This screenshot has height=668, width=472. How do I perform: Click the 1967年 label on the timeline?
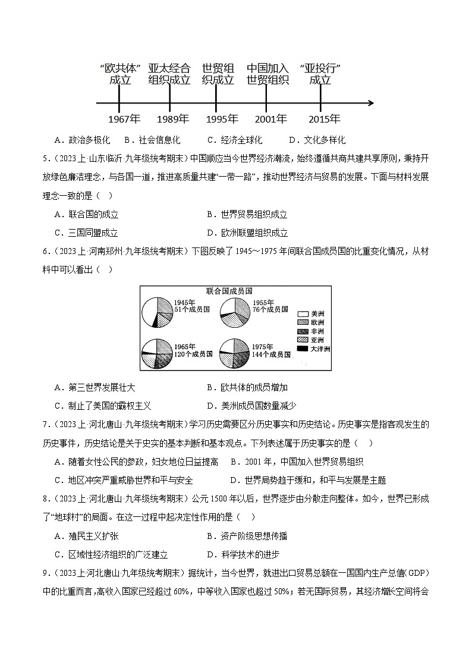click(120, 119)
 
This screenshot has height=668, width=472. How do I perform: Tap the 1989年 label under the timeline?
click(169, 119)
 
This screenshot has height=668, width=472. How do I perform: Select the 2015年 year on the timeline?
click(320, 119)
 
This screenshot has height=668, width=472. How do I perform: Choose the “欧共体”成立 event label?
click(120, 74)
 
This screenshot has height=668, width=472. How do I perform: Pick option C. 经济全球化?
click(235, 140)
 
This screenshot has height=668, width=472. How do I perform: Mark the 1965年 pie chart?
click(158, 355)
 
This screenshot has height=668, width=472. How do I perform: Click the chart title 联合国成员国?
click(230, 291)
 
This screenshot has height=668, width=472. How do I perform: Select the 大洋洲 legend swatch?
click(303, 349)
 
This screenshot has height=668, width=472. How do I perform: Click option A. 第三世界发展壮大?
click(95, 388)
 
